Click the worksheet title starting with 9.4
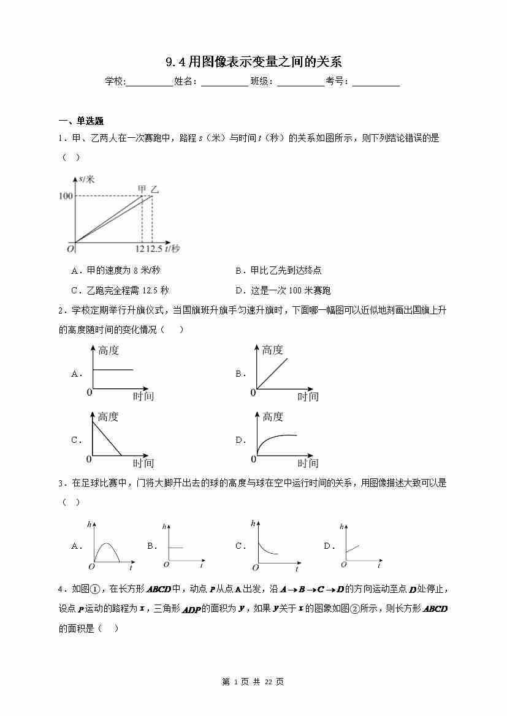[253, 62]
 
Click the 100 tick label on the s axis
[66, 195]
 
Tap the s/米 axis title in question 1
[86, 179]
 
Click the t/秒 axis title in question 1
[172, 248]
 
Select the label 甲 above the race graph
[142, 189]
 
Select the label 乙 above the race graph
[154, 189]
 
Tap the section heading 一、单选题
[81, 121]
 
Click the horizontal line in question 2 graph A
[112, 369]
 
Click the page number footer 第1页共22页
[253, 682]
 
